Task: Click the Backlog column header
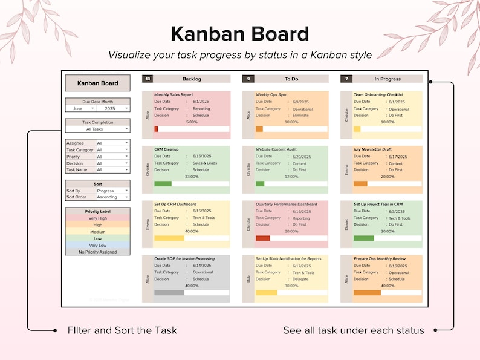point(192,79)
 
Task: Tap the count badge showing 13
point(148,79)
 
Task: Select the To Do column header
point(291,79)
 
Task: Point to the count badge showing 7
point(346,79)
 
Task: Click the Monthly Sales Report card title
point(174,95)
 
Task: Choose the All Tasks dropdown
point(97,129)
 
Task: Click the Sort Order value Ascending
point(112,197)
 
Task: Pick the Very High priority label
point(97,218)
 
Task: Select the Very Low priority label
point(97,245)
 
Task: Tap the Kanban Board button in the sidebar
point(97,83)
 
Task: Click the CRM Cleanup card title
point(167,149)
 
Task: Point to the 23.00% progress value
point(192,177)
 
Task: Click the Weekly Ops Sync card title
point(271,95)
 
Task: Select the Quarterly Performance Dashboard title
point(286,205)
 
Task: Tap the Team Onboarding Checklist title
point(378,95)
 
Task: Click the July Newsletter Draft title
point(372,149)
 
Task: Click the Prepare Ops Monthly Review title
point(380,259)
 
